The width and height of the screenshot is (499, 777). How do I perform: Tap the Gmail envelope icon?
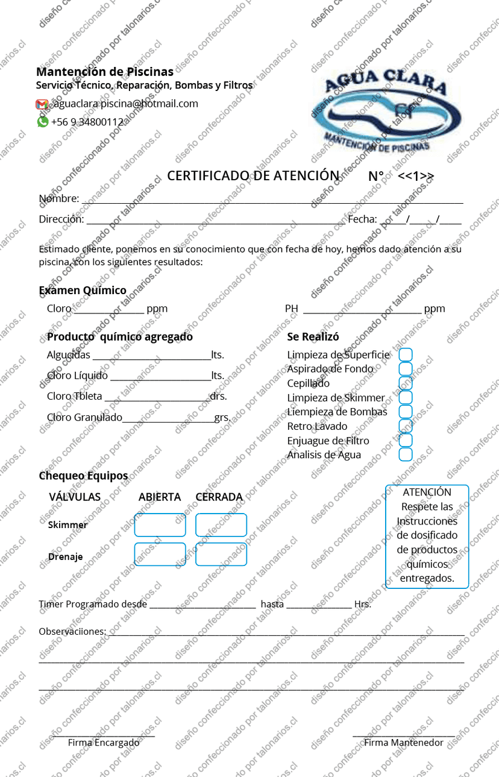[42, 104]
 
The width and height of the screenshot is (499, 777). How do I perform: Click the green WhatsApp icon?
[43, 122]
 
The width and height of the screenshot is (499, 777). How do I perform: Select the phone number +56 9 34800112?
[87, 122]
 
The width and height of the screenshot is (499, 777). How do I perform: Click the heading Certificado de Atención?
[253, 175]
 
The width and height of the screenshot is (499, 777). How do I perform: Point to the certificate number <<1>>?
[416, 176]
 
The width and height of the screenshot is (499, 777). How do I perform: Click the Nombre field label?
[58, 198]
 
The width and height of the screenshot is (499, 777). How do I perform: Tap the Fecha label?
[362, 219]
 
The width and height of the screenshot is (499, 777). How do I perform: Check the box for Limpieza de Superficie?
[406, 354]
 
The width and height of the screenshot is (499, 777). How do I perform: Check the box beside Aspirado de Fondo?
[406, 369]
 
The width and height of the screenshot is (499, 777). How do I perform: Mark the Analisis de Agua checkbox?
[406, 455]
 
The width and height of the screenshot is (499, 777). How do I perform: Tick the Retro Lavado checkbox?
[406, 426]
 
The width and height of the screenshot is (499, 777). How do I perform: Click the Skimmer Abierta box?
[160, 525]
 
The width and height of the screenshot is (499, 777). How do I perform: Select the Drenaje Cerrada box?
[221, 555]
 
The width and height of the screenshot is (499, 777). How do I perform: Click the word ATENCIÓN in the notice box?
[427, 492]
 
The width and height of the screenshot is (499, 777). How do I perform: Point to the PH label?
[292, 309]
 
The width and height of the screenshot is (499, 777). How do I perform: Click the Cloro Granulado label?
[84, 417]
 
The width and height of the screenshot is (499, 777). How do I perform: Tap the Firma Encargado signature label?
[103, 743]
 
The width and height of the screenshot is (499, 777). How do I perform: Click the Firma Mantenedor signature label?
[404, 743]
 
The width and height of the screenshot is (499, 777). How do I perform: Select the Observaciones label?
[72, 632]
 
